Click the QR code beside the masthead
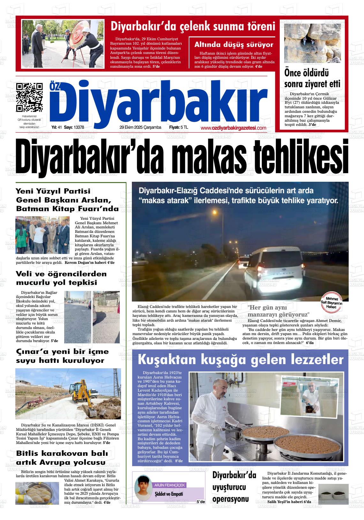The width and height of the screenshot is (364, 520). click(x=30, y=97)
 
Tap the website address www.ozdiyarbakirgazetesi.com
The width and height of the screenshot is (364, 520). click(x=233, y=128)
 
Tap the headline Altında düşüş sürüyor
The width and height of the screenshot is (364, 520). click(x=234, y=45)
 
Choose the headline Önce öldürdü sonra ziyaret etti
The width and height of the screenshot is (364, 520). click(x=312, y=79)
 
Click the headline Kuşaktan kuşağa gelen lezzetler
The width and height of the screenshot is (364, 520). click(x=240, y=360)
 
